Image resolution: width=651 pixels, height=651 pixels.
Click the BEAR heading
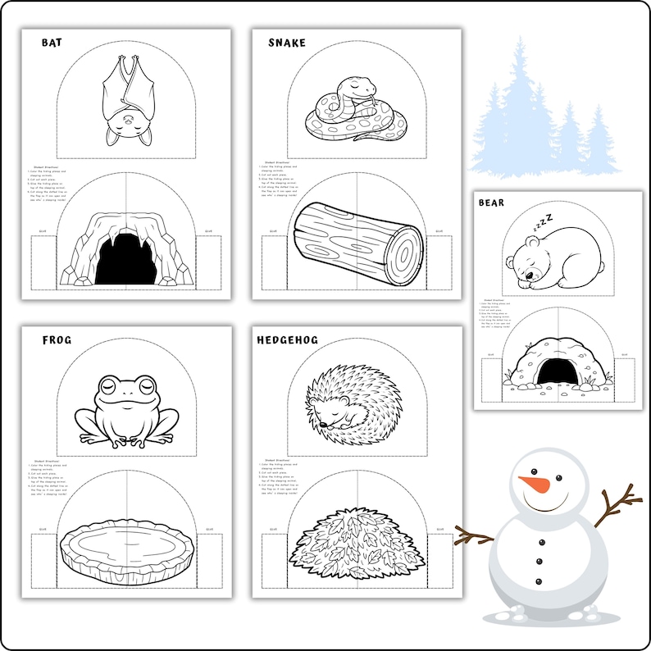tap(492, 203)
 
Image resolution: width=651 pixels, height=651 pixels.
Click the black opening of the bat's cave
tap(125, 258)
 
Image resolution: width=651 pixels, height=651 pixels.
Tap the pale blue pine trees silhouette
tap(541, 115)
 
